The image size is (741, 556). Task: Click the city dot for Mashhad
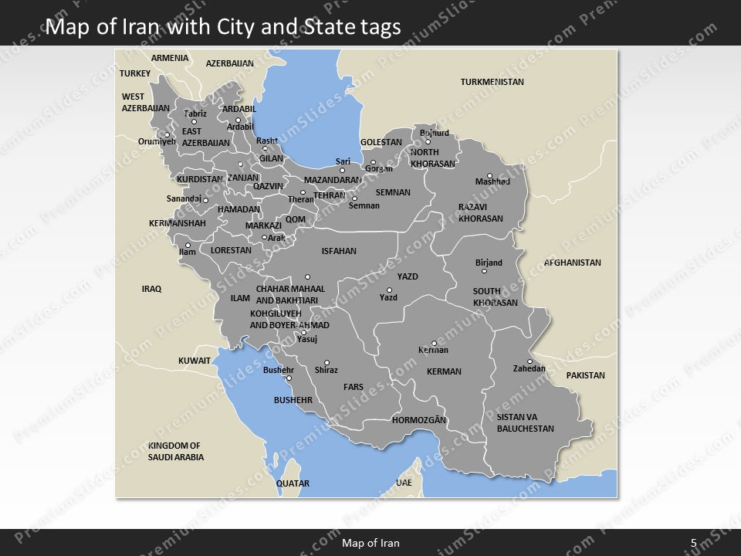489,175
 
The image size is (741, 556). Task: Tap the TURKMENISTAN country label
492,82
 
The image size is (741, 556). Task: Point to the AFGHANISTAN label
572,263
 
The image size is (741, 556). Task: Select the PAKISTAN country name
585,375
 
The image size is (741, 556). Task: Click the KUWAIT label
195,361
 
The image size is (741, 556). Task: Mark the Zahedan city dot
530,361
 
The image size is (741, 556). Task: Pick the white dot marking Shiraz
327,363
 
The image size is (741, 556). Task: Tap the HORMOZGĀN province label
419,420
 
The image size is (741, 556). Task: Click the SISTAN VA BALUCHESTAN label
525,422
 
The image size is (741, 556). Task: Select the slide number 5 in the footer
693,543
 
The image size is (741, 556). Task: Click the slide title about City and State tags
223,28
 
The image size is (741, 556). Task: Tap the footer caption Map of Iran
370,543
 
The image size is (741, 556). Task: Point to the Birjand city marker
484,271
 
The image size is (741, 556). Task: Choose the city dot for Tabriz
194,122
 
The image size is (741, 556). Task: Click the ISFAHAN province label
339,251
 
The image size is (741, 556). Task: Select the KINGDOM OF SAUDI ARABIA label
176,452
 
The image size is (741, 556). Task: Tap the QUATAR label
293,483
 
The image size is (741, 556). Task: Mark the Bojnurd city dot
428,141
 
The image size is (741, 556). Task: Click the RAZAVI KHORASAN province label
480,213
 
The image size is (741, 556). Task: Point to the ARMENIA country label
169,58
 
